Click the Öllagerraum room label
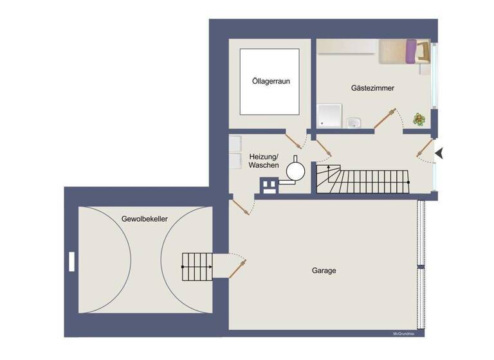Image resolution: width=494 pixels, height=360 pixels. pyautogui.click(x=270, y=82)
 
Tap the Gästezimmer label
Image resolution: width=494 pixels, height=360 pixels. pyautogui.click(x=372, y=87)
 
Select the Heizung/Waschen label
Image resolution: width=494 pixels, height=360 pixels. pyautogui.click(x=264, y=161)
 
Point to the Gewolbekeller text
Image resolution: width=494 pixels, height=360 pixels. pyautogui.click(x=145, y=219)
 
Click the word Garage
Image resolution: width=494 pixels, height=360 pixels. pyautogui.click(x=324, y=271)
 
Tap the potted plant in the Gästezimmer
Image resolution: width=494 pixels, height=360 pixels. pyautogui.click(x=419, y=119)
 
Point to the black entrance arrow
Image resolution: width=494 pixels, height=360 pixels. pyautogui.click(x=440, y=153)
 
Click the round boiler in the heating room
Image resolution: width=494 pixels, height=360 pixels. pyautogui.click(x=295, y=170)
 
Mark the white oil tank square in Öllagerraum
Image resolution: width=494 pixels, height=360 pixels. pyautogui.click(x=270, y=82)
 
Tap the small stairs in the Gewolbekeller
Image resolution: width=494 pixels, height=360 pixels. pyautogui.click(x=197, y=266)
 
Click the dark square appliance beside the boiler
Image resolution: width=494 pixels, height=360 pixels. pyautogui.click(x=268, y=186)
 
